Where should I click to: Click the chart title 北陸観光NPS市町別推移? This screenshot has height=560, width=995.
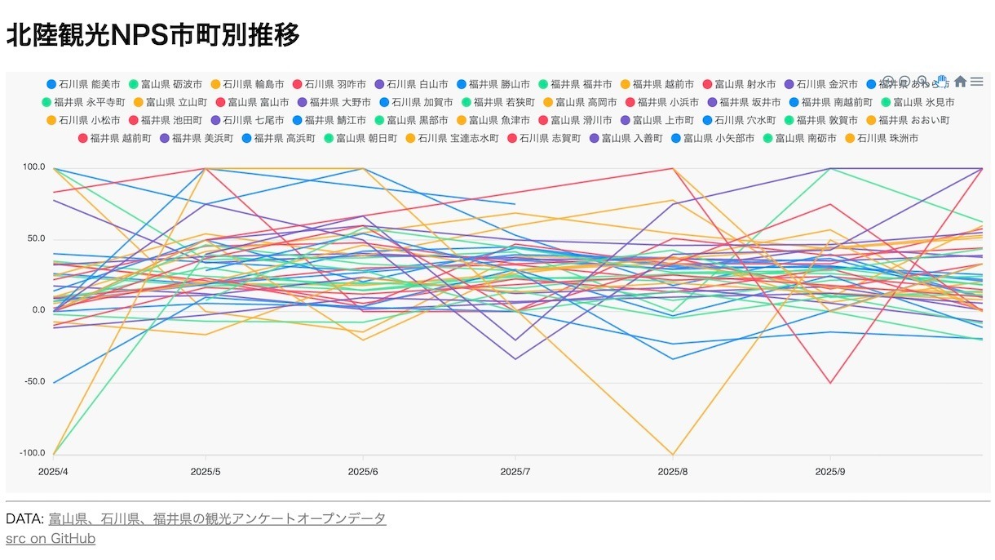point(153,35)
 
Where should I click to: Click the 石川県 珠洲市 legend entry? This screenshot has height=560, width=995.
point(887,138)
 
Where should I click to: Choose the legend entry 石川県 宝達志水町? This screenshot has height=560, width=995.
point(458,138)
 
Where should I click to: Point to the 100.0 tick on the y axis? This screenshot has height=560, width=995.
point(33,167)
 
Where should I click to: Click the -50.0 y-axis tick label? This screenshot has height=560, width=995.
point(33,381)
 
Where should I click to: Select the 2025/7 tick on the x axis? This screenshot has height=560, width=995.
point(515,472)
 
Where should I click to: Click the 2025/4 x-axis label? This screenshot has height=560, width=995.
point(53,472)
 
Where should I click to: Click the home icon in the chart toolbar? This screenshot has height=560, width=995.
point(960,82)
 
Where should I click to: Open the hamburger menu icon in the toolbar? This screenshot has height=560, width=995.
point(976,82)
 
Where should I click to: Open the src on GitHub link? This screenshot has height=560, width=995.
point(51,539)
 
